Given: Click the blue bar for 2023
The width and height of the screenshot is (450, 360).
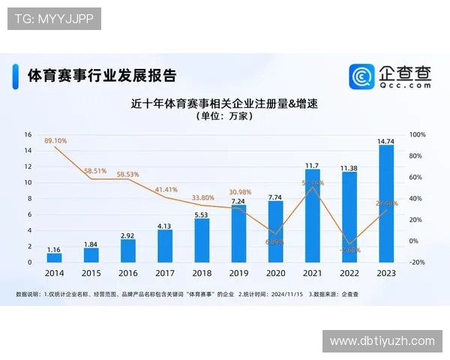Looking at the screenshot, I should (386, 204).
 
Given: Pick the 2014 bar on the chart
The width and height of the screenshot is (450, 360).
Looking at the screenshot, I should (55, 257).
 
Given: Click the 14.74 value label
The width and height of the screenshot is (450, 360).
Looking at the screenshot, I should (386, 140).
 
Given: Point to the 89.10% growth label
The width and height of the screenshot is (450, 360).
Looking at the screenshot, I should (55, 140).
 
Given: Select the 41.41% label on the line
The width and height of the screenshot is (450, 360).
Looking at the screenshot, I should (166, 190).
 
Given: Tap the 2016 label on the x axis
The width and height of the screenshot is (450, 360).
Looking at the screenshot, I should (128, 274).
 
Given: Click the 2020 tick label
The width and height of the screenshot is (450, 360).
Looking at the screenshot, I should (276, 274).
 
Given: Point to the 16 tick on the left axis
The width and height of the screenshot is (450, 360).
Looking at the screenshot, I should (28, 135).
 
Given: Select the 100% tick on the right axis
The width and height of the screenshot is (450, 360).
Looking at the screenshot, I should (418, 135).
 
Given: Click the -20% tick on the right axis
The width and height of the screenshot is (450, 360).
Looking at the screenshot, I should (418, 262).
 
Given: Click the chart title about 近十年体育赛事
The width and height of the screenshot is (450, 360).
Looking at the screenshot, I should (225, 103).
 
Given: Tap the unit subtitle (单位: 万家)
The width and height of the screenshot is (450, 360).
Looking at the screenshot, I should (225, 117).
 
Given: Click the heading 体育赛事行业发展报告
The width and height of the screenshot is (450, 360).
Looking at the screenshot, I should (102, 76).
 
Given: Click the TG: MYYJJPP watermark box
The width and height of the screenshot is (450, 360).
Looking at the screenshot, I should (54, 18).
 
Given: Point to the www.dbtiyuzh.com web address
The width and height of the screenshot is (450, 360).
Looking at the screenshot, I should (382, 341).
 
